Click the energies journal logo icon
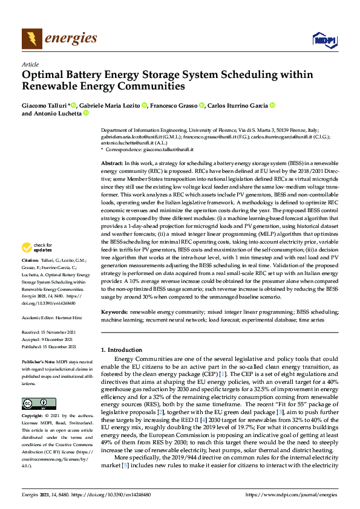pyautogui.click(x=31, y=39)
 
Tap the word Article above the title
pyautogui.click(x=30, y=64)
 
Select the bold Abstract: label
pyautogui.click(x=111, y=164)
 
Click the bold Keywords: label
pyautogui.click(x=114, y=311)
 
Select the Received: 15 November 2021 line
pyautogui.click(x=49, y=332)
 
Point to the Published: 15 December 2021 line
pyautogui.click(x=49, y=346)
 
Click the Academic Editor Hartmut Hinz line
pyautogui.click(x=54, y=316)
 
